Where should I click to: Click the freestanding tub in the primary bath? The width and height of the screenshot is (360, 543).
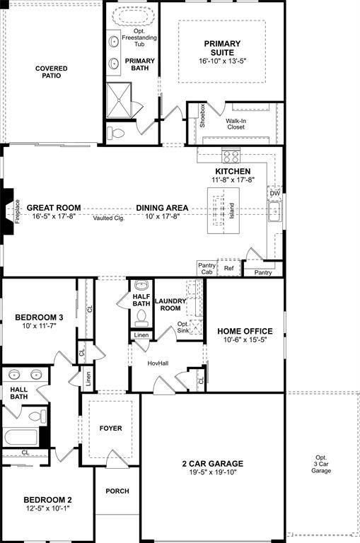[132, 17]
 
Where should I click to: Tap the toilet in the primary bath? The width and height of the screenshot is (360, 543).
[116, 132]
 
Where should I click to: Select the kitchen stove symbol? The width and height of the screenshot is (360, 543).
[231, 156]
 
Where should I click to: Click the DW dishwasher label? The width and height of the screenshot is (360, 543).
[274, 193]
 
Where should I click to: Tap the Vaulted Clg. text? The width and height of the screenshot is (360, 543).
[108, 218]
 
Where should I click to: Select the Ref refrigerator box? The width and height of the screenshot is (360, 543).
[228, 269]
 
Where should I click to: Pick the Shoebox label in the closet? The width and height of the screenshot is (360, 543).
[202, 115]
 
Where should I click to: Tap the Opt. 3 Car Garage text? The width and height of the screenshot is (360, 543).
[321, 463]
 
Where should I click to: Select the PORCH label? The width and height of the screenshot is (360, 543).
[117, 491]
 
